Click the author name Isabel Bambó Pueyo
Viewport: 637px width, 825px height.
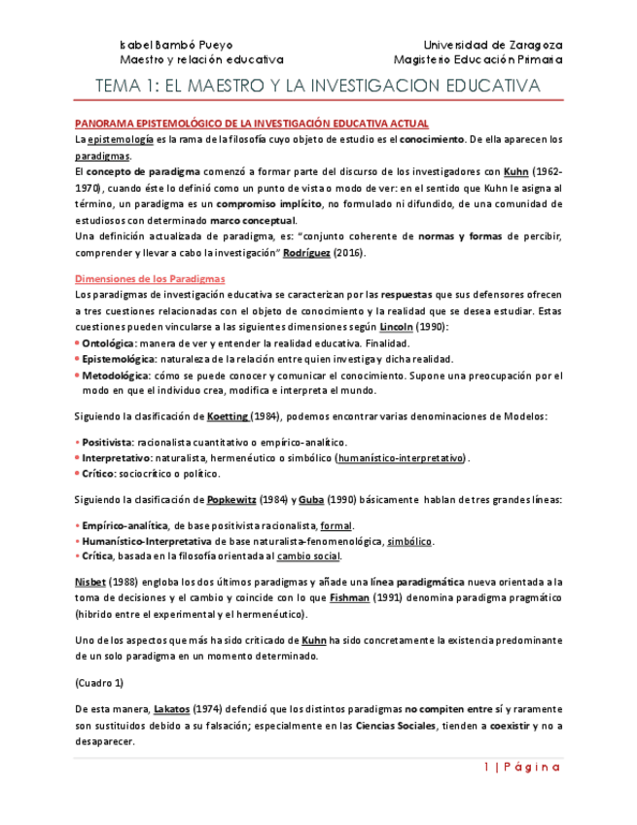(175, 45)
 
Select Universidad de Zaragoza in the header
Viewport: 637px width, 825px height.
(493, 45)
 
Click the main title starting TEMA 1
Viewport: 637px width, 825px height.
(317, 87)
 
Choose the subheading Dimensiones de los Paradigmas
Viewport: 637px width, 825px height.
(150, 278)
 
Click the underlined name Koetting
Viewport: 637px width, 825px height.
(228, 416)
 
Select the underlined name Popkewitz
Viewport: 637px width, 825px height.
(230, 500)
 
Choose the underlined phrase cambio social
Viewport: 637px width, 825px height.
(308, 556)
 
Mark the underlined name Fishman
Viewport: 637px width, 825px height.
(349, 597)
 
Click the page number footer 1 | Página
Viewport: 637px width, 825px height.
(521, 767)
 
